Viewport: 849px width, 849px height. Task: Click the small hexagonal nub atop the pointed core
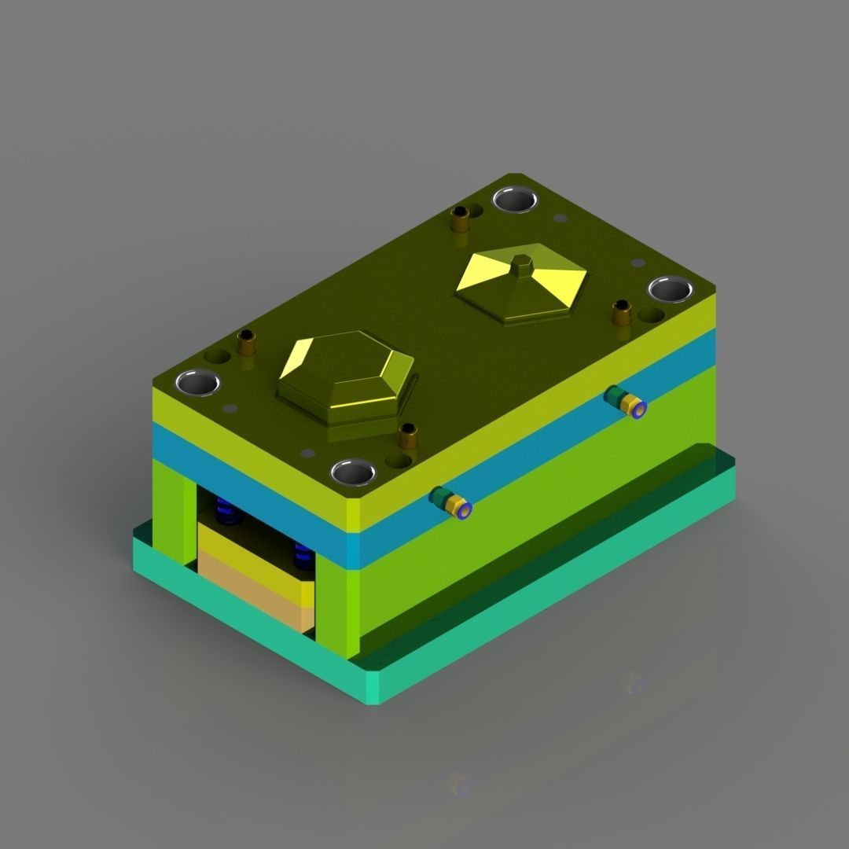(x=520, y=266)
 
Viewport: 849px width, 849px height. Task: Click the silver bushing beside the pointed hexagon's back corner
(x=516, y=199)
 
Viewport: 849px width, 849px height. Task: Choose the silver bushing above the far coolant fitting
(x=670, y=289)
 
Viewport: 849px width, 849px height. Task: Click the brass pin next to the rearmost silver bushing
(x=460, y=219)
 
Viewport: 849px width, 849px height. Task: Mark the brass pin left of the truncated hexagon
(x=246, y=344)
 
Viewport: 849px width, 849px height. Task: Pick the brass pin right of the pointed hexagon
(x=621, y=313)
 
